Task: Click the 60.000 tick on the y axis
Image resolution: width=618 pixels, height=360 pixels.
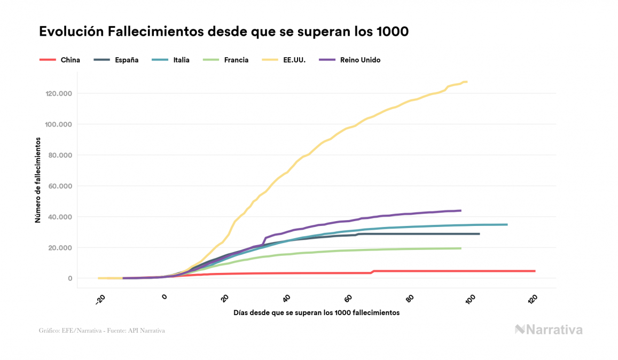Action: [59, 186]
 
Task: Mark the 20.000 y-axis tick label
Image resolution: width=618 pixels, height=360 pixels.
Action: [59, 248]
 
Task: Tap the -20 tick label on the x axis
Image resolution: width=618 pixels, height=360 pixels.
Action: [100, 301]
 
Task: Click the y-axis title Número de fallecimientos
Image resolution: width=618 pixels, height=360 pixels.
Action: [38, 179]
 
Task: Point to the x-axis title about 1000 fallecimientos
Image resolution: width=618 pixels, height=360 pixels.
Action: [316, 312]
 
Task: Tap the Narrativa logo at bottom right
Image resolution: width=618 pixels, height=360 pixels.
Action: [549, 330]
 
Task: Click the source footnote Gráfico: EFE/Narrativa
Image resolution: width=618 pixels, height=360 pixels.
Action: [101, 331]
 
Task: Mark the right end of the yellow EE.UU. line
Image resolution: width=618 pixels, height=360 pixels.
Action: [466, 82]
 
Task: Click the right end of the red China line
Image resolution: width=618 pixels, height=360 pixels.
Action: [534, 271]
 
